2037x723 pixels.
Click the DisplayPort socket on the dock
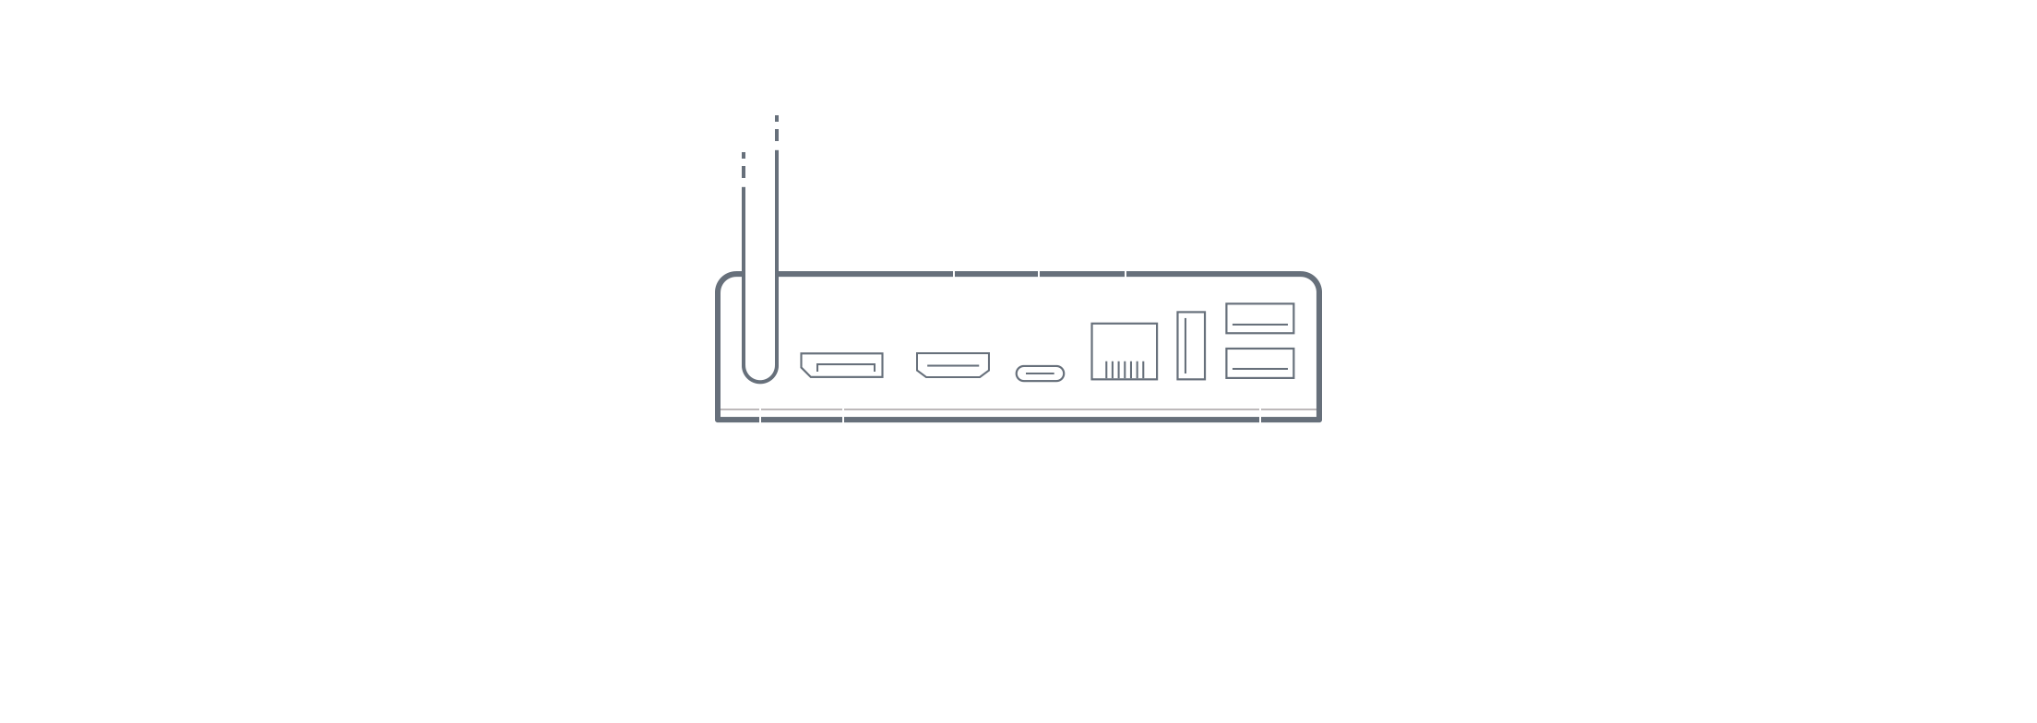coord(841,365)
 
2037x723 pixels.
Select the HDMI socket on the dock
coord(952,365)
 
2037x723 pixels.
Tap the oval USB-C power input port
coord(1040,373)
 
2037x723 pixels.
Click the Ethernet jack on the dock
coord(1124,350)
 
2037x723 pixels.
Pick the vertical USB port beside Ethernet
coord(1191,346)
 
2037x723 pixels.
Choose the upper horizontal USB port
coord(1259,318)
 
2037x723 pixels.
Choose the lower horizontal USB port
coord(1259,362)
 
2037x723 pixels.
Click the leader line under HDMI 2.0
coord(954,277)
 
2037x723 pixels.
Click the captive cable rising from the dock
coord(759,277)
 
